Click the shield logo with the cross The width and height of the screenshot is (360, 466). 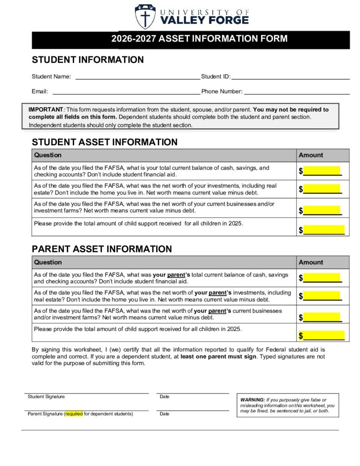click(x=145, y=16)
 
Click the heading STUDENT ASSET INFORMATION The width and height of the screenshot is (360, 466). click(x=104, y=142)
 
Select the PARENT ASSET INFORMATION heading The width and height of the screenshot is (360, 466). click(x=101, y=249)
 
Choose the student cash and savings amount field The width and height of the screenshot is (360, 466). click(x=322, y=171)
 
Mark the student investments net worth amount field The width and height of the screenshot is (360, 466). click(x=322, y=189)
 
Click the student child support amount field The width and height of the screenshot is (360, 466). click(x=324, y=230)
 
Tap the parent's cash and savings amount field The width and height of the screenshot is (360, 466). click(x=322, y=278)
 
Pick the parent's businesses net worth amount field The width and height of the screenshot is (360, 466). click(x=322, y=317)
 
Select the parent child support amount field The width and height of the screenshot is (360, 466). click(x=324, y=336)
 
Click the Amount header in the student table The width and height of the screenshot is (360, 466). click(x=311, y=155)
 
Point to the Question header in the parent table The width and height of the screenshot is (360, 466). click(x=48, y=262)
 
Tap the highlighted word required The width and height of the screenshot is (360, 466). click(x=74, y=414)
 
